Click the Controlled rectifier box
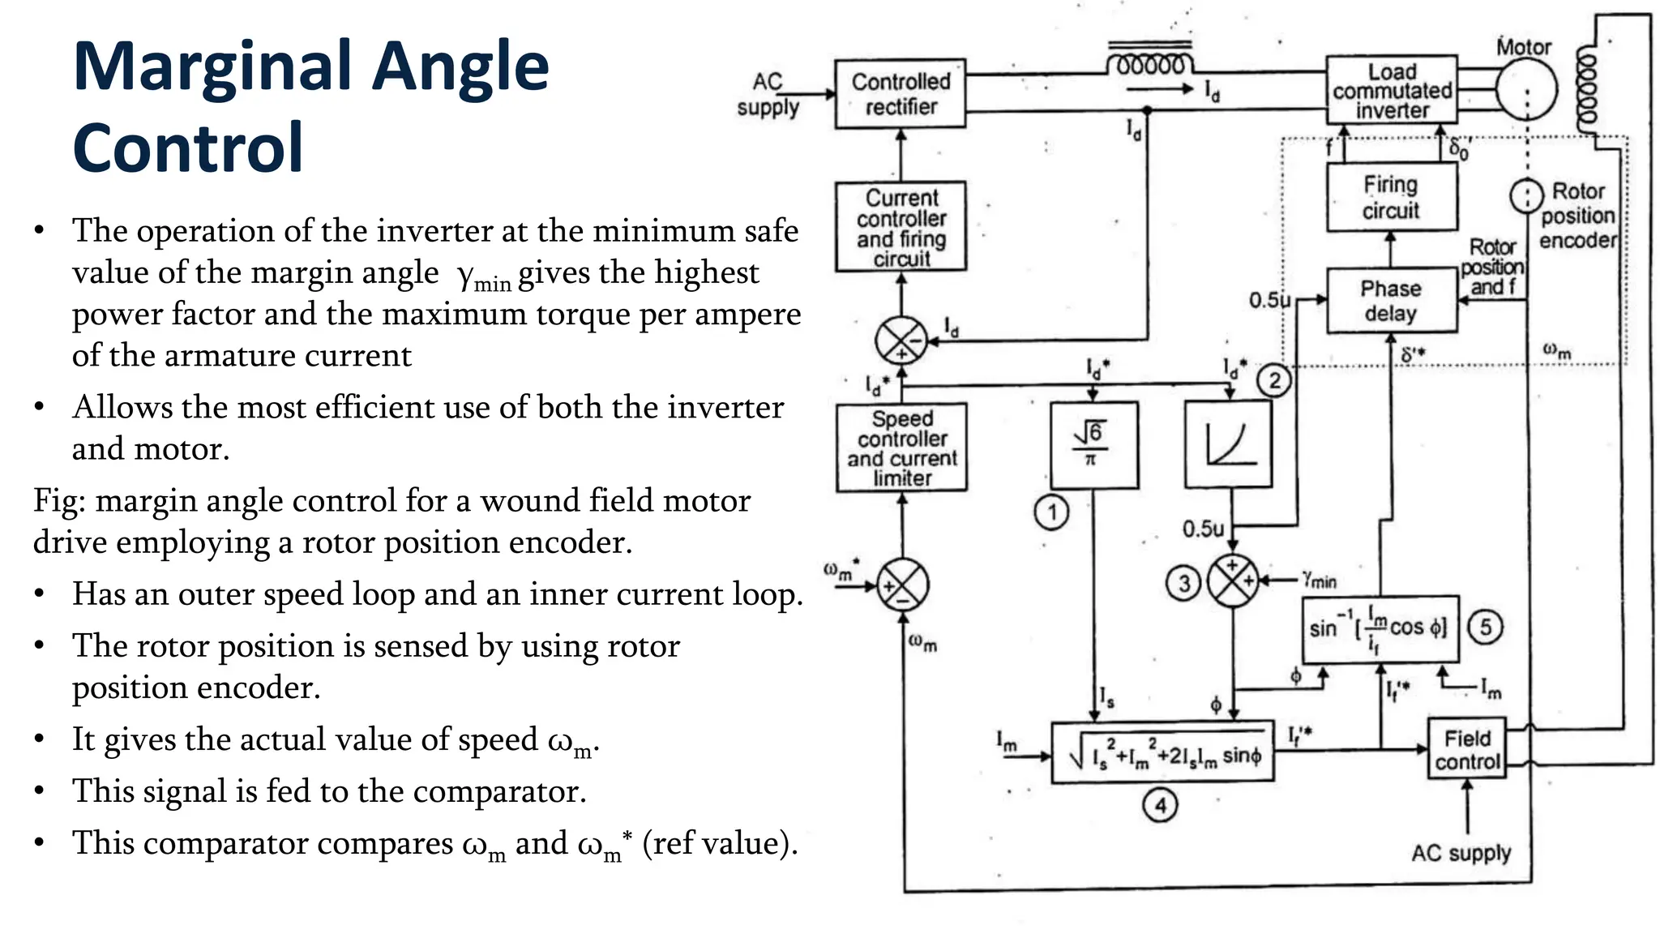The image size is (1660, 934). (900, 94)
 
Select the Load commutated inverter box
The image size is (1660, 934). (1391, 90)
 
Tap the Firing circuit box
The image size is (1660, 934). (1391, 198)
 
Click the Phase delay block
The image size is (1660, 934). (1391, 301)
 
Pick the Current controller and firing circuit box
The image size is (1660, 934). (901, 227)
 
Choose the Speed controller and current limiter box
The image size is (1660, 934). (901, 448)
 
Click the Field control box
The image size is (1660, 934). (1466, 749)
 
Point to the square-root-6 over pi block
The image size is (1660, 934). (1093, 445)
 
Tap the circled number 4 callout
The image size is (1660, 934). (1160, 805)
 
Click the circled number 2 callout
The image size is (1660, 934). (1274, 380)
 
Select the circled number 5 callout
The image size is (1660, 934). (1485, 627)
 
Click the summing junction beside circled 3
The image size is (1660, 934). (1233, 581)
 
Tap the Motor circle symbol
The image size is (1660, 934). (1525, 89)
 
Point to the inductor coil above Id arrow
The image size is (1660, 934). (1150, 63)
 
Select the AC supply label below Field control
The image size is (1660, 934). (1461, 853)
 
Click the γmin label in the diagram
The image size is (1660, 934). (1320, 580)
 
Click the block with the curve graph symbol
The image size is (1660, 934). (1228, 445)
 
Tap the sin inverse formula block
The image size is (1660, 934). (1379, 628)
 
